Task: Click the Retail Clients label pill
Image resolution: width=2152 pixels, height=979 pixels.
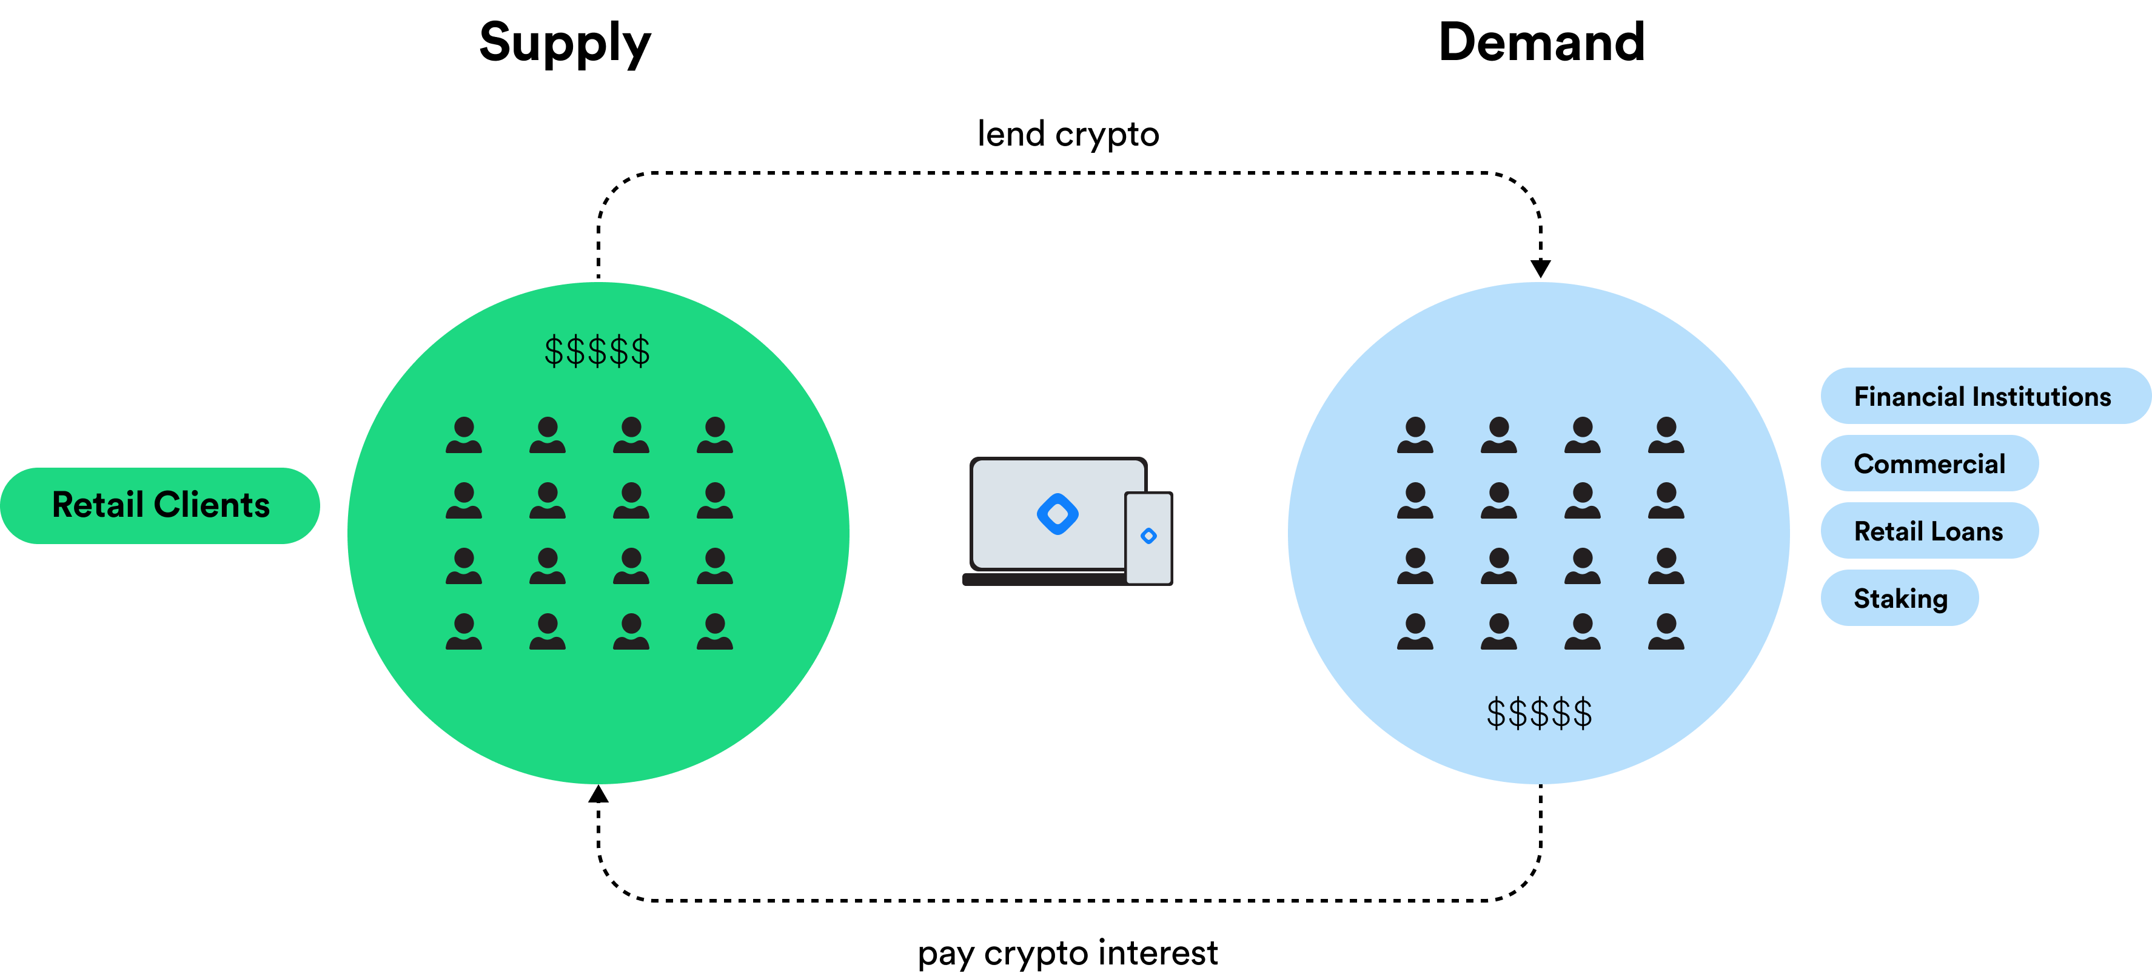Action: click(x=161, y=505)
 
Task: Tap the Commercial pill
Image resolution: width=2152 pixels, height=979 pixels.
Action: click(x=1929, y=463)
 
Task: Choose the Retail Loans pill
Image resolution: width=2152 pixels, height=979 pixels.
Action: click(x=1929, y=531)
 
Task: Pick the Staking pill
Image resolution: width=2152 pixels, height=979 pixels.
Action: click(x=1900, y=598)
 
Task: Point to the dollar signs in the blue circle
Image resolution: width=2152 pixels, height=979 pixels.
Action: click(x=1539, y=713)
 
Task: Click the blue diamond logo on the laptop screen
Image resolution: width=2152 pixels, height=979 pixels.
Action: click(x=1057, y=514)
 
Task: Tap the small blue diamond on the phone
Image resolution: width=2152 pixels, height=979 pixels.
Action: click(x=1148, y=536)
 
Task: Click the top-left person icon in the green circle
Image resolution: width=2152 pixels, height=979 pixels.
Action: click(x=464, y=435)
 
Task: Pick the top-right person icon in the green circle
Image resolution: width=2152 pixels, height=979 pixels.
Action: click(x=714, y=435)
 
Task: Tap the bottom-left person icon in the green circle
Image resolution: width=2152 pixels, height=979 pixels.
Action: click(x=464, y=631)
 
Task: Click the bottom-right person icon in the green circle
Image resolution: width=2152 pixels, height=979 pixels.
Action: click(x=714, y=631)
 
